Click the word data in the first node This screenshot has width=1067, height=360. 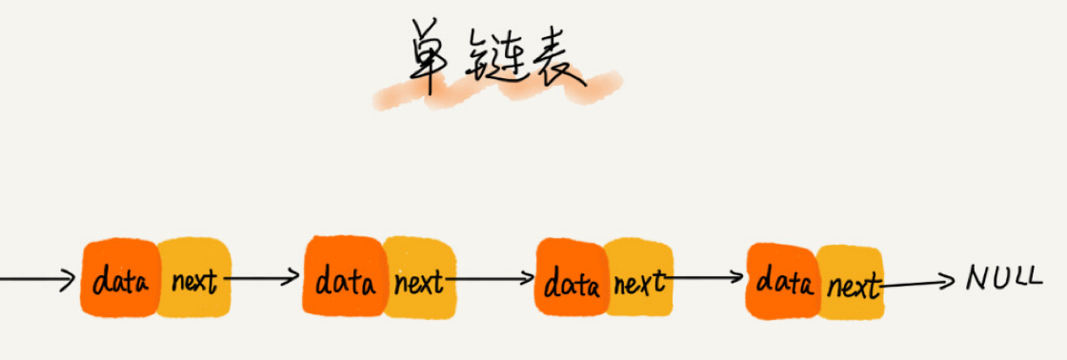(x=120, y=283)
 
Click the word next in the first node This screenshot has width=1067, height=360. (x=194, y=283)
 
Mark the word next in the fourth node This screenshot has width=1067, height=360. (x=853, y=286)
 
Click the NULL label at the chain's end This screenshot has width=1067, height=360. (x=1003, y=278)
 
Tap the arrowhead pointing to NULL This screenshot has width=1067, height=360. (x=947, y=280)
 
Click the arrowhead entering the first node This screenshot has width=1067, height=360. (x=68, y=280)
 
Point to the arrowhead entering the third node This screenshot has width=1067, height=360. (x=527, y=279)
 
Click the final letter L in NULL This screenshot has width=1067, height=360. (x=1033, y=278)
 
